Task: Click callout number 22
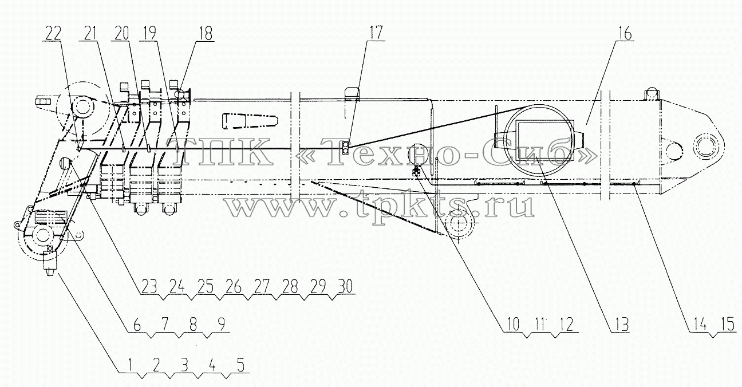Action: coord(53,33)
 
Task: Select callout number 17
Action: coord(376,33)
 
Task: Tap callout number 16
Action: coord(624,33)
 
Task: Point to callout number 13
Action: coord(621,325)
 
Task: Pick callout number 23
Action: coord(149,287)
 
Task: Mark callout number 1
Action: coord(130,365)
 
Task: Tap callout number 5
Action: coord(241,365)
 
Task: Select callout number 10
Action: coord(512,325)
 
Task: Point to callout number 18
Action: coord(206,33)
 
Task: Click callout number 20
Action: coord(121,33)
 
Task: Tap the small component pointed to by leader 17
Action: coord(345,148)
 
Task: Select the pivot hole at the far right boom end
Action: coord(709,146)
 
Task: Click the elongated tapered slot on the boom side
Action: coord(250,120)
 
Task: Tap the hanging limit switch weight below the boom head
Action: coord(50,263)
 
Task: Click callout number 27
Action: coord(261,287)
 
